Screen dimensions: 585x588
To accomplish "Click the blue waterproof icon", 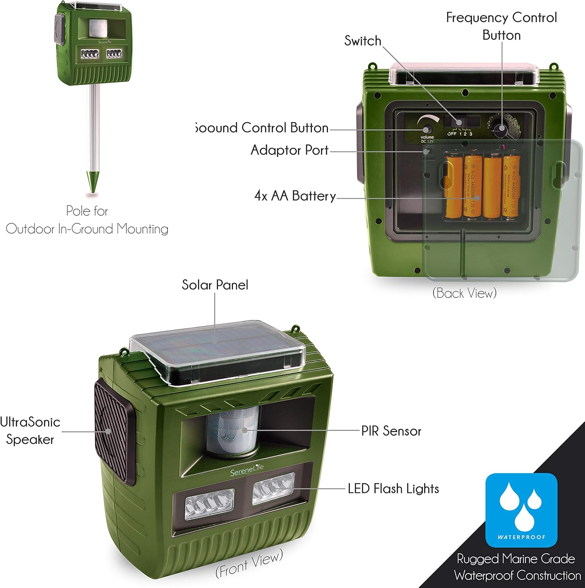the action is tap(521, 510).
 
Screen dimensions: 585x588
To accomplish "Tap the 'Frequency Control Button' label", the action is tap(502, 26).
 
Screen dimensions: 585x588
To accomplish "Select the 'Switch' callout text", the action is tap(362, 41).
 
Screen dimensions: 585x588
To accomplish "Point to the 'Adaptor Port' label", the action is tap(289, 150).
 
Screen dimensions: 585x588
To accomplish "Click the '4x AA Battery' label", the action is tap(295, 196).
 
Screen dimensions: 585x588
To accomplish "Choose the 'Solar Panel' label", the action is tap(215, 285).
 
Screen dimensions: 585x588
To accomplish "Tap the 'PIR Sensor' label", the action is tap(391, 431).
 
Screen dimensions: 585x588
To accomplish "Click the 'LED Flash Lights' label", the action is tap(393, 488).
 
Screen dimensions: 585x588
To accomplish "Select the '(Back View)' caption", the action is tap(464, 293).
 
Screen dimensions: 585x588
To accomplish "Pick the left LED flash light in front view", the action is tap(209, 503).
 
